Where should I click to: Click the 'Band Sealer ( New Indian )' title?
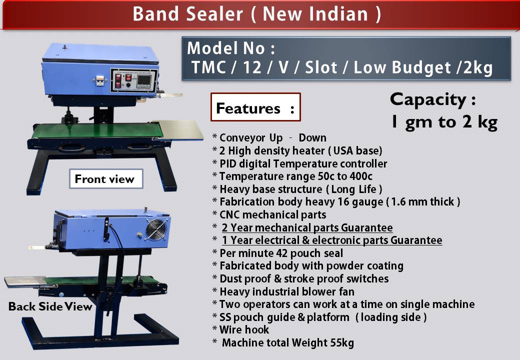point(257,14)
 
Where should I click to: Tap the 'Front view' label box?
point(106,178)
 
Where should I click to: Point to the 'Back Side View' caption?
point(50,306)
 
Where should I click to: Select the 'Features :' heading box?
point(255,107)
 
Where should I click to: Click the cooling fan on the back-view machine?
point(156,229)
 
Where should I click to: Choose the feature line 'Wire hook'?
point(244,329)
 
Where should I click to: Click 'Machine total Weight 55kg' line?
point(288,342)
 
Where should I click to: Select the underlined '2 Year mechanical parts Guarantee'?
point(307,227)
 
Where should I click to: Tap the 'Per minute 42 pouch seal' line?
point(281,253)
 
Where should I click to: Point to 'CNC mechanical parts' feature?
point(273,215)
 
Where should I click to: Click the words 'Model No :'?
point(231,48)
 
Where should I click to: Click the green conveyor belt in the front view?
point(98,130)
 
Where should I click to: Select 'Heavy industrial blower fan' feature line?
point(287,291)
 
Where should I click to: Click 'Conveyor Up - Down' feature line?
point(273,137)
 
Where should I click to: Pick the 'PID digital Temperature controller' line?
point(303,163)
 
